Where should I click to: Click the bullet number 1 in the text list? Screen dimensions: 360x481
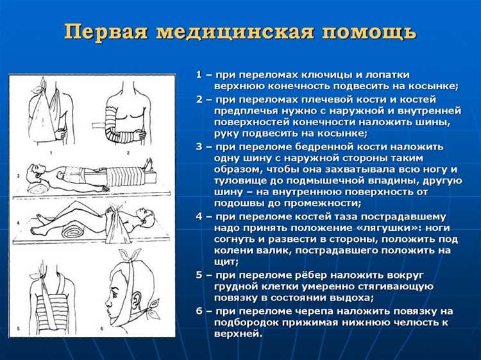coord(199,75)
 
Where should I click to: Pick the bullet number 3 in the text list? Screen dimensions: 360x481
coord(199,146)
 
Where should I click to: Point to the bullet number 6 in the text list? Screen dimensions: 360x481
coord(199,311)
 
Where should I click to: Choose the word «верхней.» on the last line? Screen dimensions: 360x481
coord(238,334)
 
